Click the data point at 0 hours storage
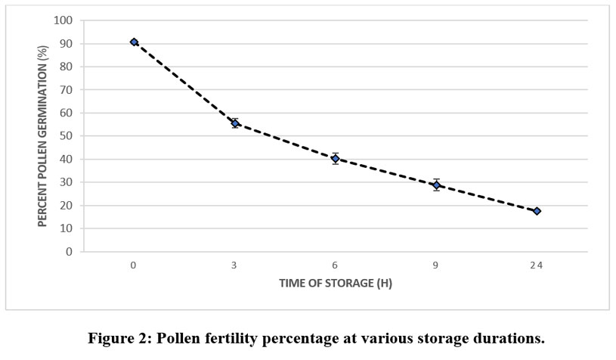(134, 42)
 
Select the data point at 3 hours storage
(235, 123)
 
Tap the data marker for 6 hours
(336, 159)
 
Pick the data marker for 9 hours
(436, 185)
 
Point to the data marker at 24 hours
(537, 211)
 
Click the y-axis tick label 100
(67, 20)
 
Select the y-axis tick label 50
(69, 136)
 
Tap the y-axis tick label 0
(71, 252)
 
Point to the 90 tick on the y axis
(69, 44)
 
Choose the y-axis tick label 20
(69, 206)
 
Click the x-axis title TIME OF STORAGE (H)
(335, 284)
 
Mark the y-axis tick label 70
(69, 90)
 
